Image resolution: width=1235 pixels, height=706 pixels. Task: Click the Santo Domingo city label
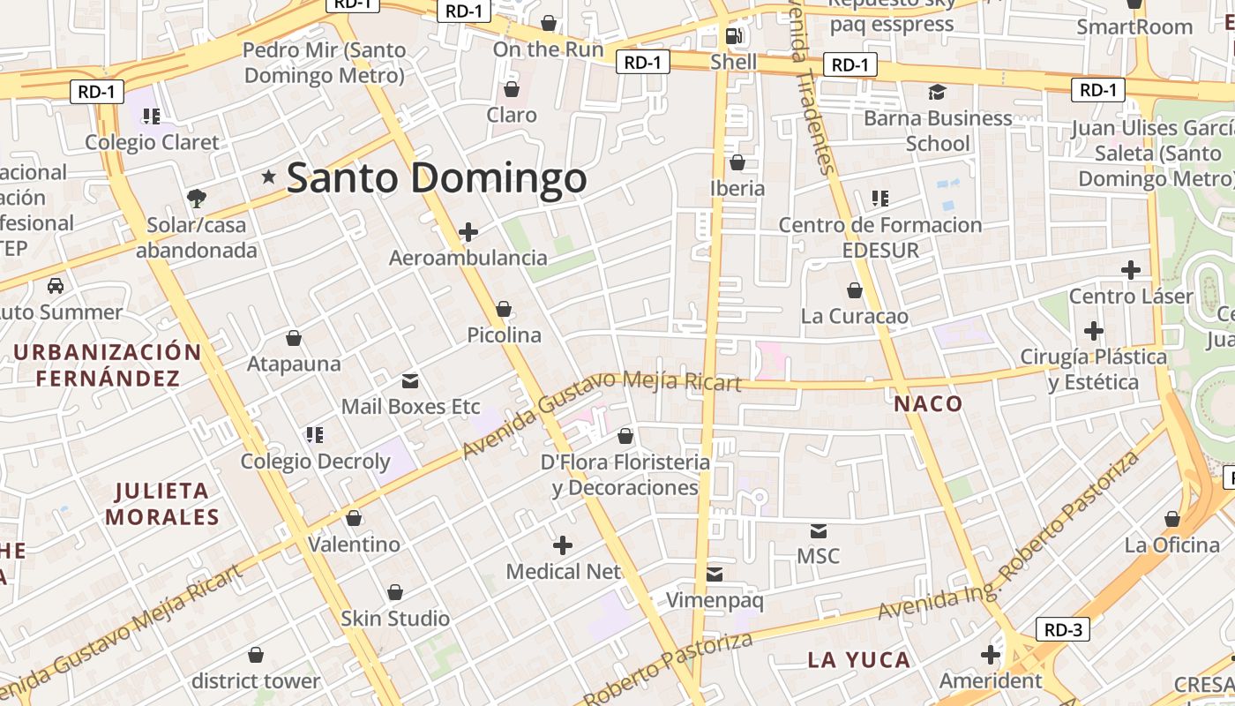tap(437, 177)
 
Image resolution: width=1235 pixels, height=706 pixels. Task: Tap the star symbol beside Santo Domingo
tap(269, 177)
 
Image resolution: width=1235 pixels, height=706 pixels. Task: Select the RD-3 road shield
tap(1063, 629)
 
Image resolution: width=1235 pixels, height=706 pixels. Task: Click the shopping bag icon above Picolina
tap(504, 309)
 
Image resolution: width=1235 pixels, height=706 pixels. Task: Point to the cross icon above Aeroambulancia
tap(468, 232)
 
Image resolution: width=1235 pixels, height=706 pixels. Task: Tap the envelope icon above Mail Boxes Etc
tap(410, 381)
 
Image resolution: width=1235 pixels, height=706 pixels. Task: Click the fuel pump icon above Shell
tap(733, 36)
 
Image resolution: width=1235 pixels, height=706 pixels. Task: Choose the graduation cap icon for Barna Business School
tap(937, 92)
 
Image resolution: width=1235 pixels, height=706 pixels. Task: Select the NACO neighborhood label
tap(928, 404)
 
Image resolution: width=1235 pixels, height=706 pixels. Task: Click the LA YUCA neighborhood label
tap(847, 660)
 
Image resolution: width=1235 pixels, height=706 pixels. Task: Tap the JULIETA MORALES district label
tap(162, 503)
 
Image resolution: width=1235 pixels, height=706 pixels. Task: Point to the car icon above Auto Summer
tap(56, 286)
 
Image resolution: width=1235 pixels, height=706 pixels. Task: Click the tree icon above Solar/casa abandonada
tap(196, 198)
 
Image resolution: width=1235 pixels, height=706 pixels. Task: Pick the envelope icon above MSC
tap(819, 530)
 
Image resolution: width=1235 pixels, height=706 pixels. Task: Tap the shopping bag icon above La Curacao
tap(854, 290)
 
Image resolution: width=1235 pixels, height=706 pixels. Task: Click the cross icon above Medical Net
tap(563, 545)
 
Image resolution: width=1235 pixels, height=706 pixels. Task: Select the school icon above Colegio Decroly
tap(315, 434)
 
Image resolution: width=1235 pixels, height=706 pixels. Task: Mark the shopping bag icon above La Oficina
tap(1172, 519)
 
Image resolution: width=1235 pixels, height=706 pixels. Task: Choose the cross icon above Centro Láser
tap(1131, 270)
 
